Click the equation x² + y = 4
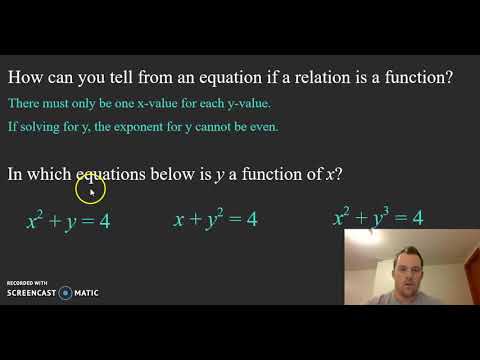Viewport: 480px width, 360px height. [68, 219]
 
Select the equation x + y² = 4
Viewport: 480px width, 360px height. [215, 218]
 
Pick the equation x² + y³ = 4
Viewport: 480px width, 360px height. [378, 216]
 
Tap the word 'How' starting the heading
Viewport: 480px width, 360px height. [26, 79]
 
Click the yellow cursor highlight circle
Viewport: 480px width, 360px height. [90, 186]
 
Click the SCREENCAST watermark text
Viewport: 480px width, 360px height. [31, 293]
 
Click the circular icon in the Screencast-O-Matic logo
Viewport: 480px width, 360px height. [65, 293]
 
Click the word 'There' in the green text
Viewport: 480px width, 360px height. [23, 103]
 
